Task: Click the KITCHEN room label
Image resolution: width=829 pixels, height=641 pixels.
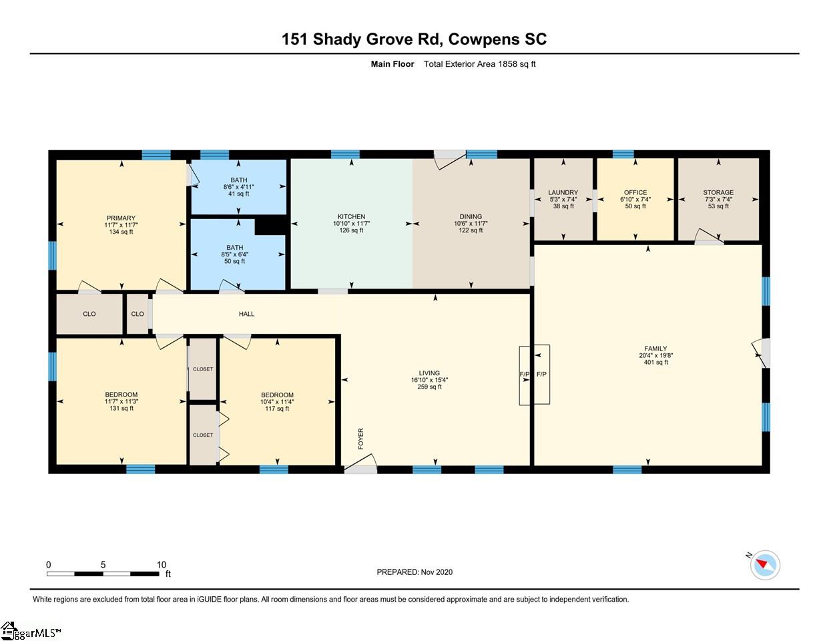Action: [x=351, y=216]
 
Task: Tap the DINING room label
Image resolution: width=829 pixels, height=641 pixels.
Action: [x=471, y=216]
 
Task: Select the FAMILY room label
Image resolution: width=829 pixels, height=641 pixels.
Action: [x=655, y=349]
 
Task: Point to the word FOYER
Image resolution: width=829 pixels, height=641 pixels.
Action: [x=360, y=439]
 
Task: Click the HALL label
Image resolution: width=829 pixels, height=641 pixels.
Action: [x=246, y=314]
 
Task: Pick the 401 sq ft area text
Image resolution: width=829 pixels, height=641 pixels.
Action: [x=656, y=362]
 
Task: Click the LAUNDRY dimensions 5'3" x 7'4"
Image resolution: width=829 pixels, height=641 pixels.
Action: [x=563, y=199]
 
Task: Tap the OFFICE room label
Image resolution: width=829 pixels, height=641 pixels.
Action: [x=635, y=192]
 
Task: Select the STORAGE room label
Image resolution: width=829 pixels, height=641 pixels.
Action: [x=718, y=192]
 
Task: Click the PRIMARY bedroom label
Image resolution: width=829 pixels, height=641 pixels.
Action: [x=121, y=218]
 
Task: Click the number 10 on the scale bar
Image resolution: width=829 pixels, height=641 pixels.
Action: [x=162, y=565]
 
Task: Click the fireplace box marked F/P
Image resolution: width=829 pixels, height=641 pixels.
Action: [x=534, y=375]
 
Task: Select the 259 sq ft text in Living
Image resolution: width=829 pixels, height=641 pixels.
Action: [x=429, y=387]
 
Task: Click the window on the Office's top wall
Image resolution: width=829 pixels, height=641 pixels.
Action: [x=623, y=154]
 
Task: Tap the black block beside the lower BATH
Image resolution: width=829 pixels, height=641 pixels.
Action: [x=270, y=226]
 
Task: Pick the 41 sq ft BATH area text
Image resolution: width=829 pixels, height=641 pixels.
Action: [x=239, y=194]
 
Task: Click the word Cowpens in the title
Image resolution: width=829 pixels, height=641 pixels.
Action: [x=484, y=39]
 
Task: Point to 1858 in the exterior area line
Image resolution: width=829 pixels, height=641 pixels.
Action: [x=507, y=63]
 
